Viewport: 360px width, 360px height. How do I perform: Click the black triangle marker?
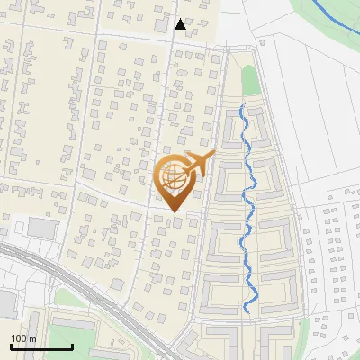click(181, 24)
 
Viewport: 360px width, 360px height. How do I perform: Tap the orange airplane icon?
click(199, 165)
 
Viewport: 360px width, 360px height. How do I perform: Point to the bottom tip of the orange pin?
click(174, 212)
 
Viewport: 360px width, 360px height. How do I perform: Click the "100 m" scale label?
click(23, 338)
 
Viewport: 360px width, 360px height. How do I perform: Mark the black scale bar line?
click(41, 346)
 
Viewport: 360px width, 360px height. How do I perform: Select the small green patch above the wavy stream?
click(249, 79)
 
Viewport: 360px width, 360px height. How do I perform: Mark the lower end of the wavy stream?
click(247, 311)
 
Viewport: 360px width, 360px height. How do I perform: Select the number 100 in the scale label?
click(19, 338)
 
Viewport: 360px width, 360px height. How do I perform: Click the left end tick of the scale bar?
click(11, 345)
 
